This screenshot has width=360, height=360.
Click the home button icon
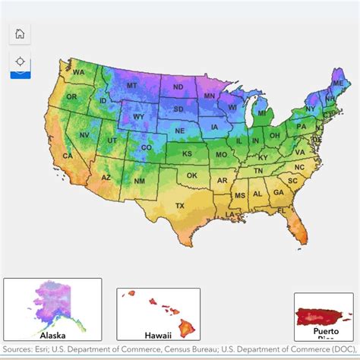[20, 34]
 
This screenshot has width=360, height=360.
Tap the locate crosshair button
[20, 62]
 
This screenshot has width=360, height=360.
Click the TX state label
[180, 206]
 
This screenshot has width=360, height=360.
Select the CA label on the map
[68, 156]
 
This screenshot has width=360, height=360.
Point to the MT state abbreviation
[131, 86]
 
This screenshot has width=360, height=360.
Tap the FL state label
[281, 210]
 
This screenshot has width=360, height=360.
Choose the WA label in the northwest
[79, 72]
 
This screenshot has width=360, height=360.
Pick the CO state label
[147, 147]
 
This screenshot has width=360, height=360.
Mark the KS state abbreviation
[187, 153]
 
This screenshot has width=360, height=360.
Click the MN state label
[209, 96]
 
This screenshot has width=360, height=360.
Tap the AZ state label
[106, 178]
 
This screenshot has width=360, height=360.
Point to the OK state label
[192, 175]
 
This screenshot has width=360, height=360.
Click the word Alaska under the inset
[52, 333]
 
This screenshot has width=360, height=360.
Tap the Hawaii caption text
[158, 335]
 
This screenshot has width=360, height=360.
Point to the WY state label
[138, 117]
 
